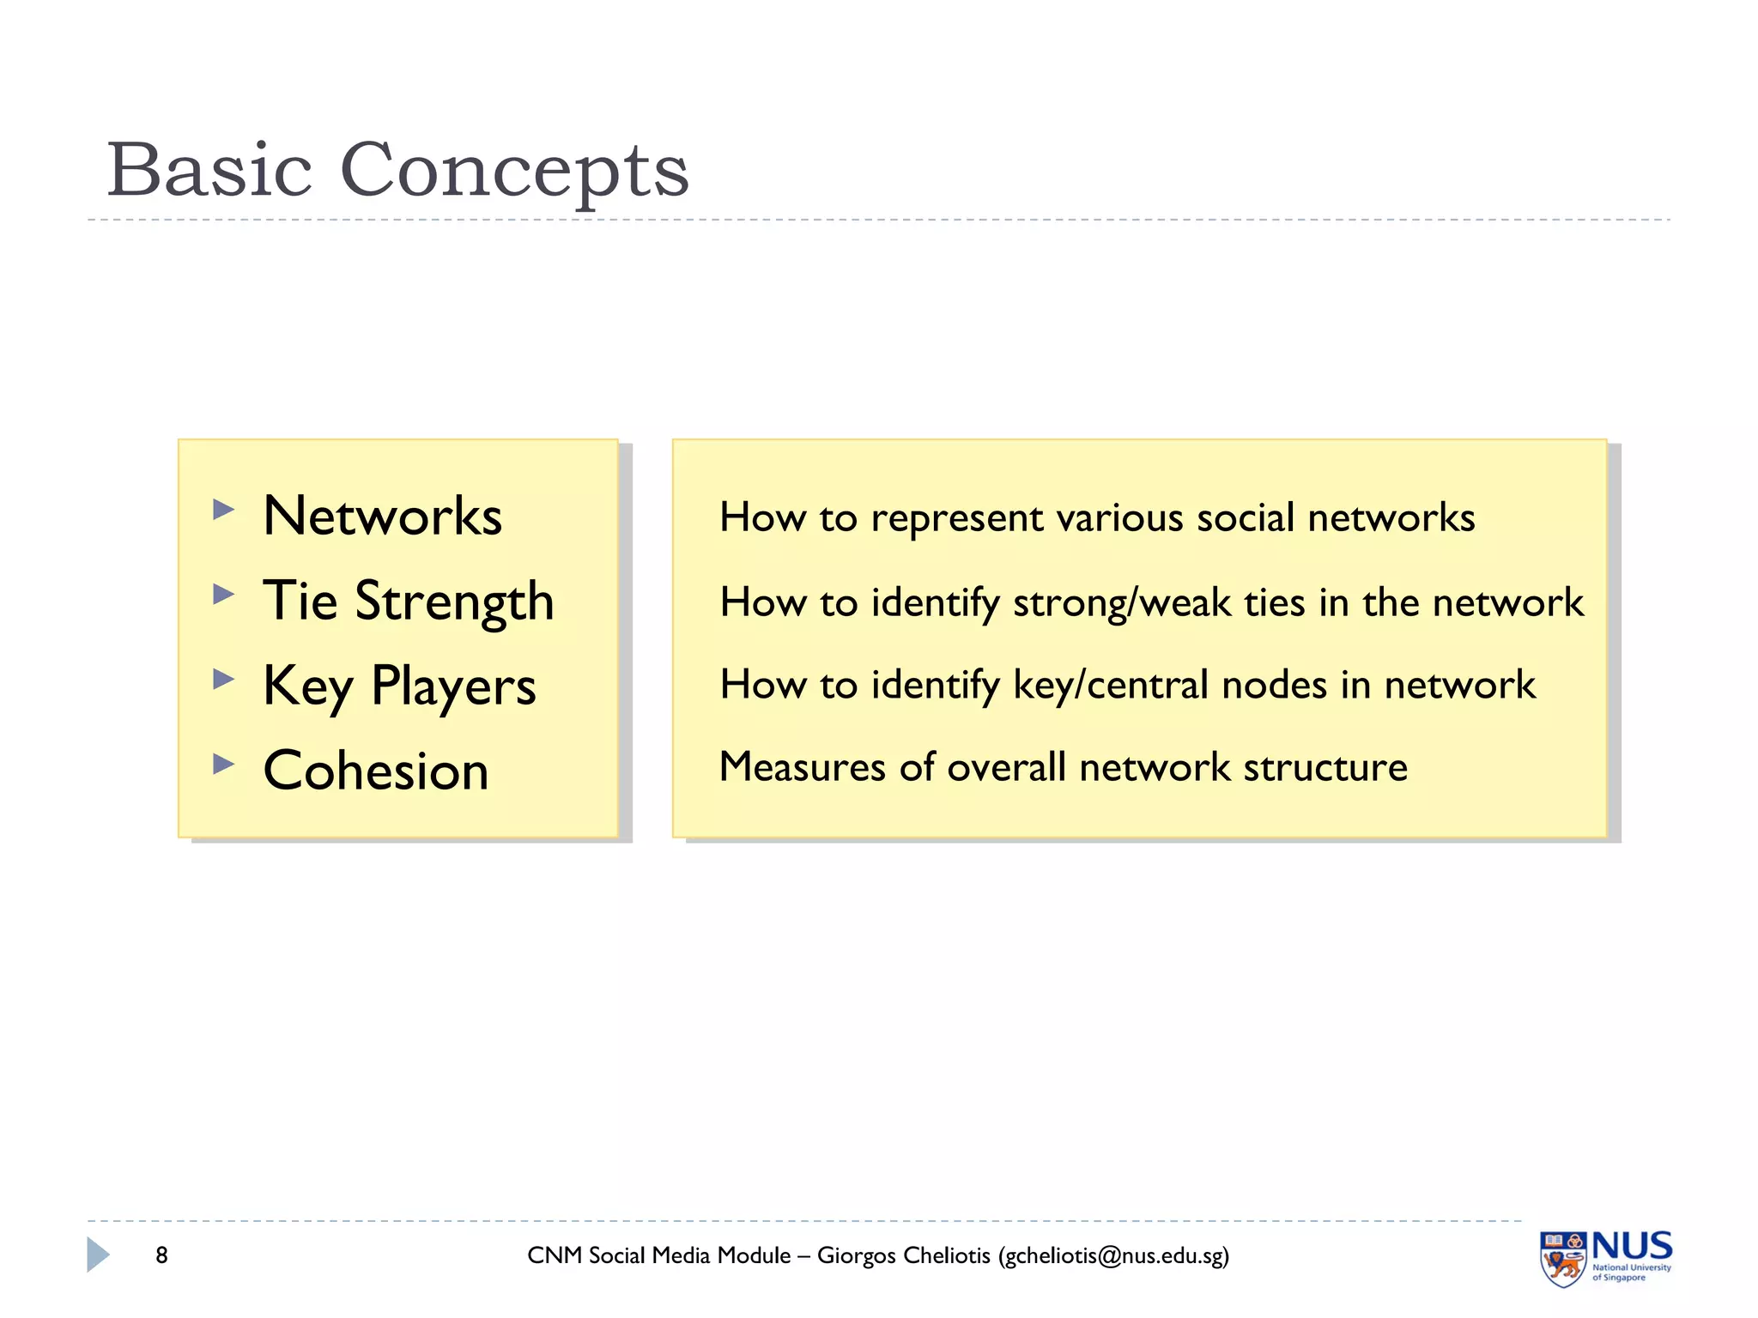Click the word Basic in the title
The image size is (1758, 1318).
click(x=209, y=170)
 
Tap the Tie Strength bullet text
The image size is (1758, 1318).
click(x=408, y=601)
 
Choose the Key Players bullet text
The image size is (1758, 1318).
click(x=399, y=686)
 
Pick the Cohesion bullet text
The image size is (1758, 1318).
click(x=375, y=770)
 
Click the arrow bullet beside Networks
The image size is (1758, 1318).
click(x=223, y=510)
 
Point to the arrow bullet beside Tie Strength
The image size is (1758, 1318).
click(x=223, y=594)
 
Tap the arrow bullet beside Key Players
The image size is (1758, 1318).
click(x=223, y=679)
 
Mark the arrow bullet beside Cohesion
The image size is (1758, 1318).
click(x=223, y=763)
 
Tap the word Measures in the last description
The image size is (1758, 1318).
click(x=802, y=766)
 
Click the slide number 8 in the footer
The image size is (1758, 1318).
click(x=161, y=1255)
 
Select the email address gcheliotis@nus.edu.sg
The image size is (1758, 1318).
click(x=1113, y=1256)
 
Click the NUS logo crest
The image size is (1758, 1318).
click(x=1562, y=1259)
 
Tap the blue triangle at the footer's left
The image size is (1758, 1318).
click(x=98, y=1255)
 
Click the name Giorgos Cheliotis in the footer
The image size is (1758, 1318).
click(x=903, y=1255)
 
